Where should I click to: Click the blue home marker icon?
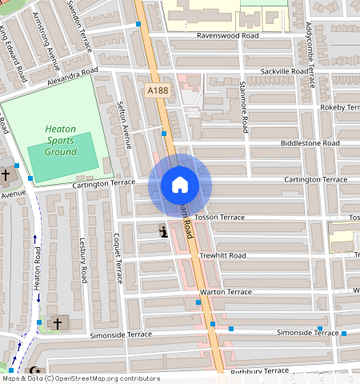pos(180,186)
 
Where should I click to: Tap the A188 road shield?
pos(158,92)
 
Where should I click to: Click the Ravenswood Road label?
pos(229,36)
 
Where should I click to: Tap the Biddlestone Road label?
pos(310,143)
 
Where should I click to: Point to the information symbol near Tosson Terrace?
pos(163,232)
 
